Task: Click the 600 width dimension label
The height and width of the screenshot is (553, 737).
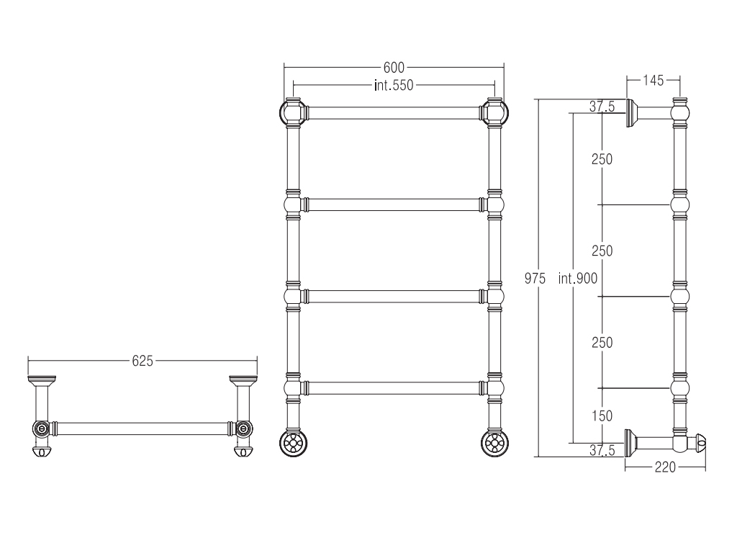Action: [x=394, y=68]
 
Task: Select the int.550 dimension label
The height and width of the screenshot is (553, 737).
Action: [x=394, y=85]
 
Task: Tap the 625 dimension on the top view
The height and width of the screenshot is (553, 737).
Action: [x=143, y=361]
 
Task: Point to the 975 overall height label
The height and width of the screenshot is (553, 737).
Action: [x=535, y=279]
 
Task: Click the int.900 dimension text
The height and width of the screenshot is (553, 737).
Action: [x=578, y=279]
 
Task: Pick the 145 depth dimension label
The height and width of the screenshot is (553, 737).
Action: [x=653, y=81]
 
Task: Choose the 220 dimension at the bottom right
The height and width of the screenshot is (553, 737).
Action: [x=664, y=467]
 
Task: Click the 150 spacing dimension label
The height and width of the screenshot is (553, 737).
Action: [x=602, y=415]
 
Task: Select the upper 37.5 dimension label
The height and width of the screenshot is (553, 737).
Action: [x=602, y=107]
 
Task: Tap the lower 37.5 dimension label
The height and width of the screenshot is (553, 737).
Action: [x=602, y=451]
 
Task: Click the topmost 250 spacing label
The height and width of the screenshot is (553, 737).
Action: [x=602, y=159]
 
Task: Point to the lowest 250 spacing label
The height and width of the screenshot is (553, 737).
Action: [x=602, y=343]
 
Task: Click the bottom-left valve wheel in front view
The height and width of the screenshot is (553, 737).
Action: [x=294, y=443]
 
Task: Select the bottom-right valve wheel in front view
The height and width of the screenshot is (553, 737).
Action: [x=494, y=443]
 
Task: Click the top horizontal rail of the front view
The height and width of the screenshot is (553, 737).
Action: [x=394, y=113]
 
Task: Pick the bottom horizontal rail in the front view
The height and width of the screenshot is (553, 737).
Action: [x=394, y=388]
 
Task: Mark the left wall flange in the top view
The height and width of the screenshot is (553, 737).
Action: [x=42, y=379]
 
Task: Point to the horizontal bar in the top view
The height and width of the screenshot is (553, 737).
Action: [x=143, y=428]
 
